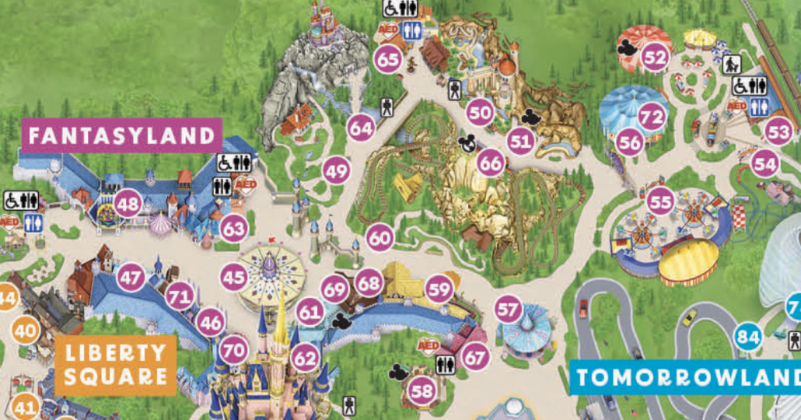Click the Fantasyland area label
[x=121, y=135]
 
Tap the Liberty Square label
[x=116, y=365]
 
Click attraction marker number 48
[x=128, y=205]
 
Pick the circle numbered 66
[x=491, y=164]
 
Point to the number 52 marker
[x=656, y=57]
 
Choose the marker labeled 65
[x=387, y=58]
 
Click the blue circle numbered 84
[x=748, y=337]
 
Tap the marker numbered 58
[x=422, y=391]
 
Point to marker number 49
[x=336, y=170]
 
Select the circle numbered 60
[x=380, y=238]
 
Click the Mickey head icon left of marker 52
[x=627, y=47]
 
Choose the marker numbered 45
[x=233, y=276]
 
